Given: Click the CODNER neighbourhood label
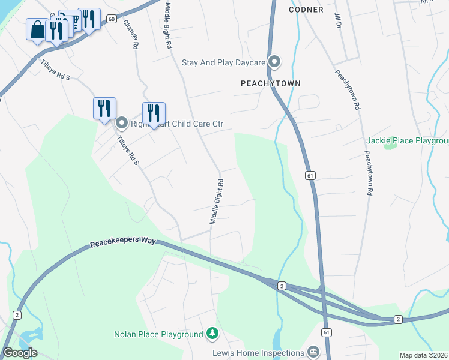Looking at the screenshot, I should pyautogui.click(x=306, y=10).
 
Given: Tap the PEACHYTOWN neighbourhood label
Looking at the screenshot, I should pyautogui.click(x=270, y=83).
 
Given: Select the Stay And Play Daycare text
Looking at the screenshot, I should pyautogui.click(x=223, y=62).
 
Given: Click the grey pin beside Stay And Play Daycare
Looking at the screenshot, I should pyautogui.click(x=275, y=62).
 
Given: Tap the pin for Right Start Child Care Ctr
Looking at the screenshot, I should pyautogui.click(x=121, y=124).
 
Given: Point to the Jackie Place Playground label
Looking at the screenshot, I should pyautogui.click(x=407, y=141).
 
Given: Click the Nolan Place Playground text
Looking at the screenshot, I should pyautogui.click(x=158, y=334).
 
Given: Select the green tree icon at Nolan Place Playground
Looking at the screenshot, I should pyautogui.click(x=211, y=333).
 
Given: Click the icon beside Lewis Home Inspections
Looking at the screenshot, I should pyautogui.click(x=312, y=352).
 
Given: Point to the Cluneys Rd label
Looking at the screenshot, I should pyautogui.click(x=131, y=33).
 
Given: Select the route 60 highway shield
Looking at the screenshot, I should pyautogui.click(x=112, y=19).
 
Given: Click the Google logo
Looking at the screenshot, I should pyautogui.click(x=20, y=353).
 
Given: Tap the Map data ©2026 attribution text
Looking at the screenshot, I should pyautogui.click(x=424, y=355).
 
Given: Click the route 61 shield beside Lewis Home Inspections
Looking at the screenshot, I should pyautogui.click(x=326, y=332).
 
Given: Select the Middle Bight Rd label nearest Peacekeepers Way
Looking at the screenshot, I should pyautogui.click(x=217, y=202).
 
